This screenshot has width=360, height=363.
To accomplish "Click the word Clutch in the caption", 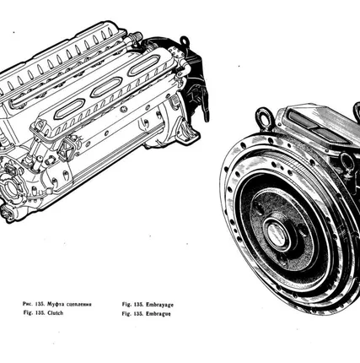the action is click(x=56, y=313).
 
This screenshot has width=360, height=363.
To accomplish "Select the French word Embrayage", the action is click(x=159, y=305).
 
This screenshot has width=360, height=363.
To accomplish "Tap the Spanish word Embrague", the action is click(x=159, y=314).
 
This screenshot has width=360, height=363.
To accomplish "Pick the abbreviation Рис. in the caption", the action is click(x=27, y=304).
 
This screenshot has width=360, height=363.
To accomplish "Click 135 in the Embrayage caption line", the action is click(x=138, y=305).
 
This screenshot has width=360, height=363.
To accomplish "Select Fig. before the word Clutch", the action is click(x=28, y=312).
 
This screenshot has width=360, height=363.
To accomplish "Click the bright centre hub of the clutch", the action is click(x=277, y=235).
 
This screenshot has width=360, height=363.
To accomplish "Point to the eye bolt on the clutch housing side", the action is click(x=348, y=160).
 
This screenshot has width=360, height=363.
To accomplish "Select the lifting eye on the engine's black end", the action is click(x=184, y=41).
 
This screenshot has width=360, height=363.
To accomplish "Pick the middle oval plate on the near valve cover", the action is click(x=106, y=87).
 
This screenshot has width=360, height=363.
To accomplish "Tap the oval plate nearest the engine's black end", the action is click(x=144, y=66).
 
